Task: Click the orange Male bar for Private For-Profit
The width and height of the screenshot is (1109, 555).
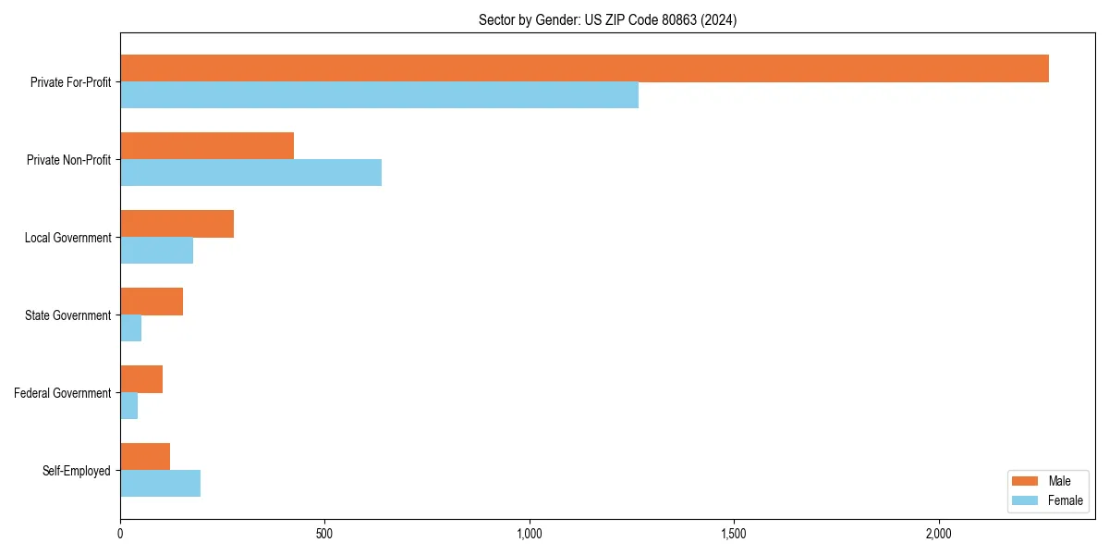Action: pyautogui.click(x=584, y=68)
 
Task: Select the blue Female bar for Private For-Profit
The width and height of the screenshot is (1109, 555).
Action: pyautogui.click(x=379, y=95)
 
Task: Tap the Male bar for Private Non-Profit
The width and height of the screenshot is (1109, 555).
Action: pyautogui.click(x=207, y=146)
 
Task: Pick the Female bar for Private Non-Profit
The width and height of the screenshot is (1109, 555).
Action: pyautogui.click(x=250, y=173)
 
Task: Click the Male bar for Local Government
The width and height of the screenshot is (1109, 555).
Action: pyautogui.click(x=177, y=224)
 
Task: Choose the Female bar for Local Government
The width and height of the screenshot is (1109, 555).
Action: pyautogui.click(x=156, y=251)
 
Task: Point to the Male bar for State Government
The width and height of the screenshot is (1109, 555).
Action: pyautogui.click(x=152, y=302)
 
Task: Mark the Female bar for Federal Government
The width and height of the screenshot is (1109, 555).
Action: pyautogui.click(x=128, y=406)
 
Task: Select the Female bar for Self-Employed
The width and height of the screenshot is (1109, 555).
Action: pyautogui.click(x=160, y=484)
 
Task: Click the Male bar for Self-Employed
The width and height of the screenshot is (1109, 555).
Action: pyautogui.click(x=145, y=457)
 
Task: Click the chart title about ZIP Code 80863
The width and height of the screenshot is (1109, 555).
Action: pyautogui.click(x=607, y=19)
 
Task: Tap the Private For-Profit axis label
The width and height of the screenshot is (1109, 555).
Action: pyautogui.click(x=70, y=82)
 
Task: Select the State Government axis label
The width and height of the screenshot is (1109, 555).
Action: pyautogui.click(x=67, y=315)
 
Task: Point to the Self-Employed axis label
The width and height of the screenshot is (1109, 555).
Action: pyautogui.click(x=76, y=471)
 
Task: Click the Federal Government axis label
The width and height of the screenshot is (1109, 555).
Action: pyautogui.click(x=62, y=393)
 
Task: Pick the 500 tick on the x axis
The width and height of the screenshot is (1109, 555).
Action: pyautogui.click(x=324, y=534)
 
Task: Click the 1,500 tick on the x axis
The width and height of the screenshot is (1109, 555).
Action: pyautogui.click(x=734, y=534)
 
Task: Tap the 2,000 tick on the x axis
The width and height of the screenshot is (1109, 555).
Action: pyautogui.click(x=938, y=534)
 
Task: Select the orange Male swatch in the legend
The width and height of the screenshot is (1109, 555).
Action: pyautogui.click(x=1026, y=481)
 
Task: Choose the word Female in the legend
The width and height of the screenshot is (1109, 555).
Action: pyautogui.click(x=1066, y=500)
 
